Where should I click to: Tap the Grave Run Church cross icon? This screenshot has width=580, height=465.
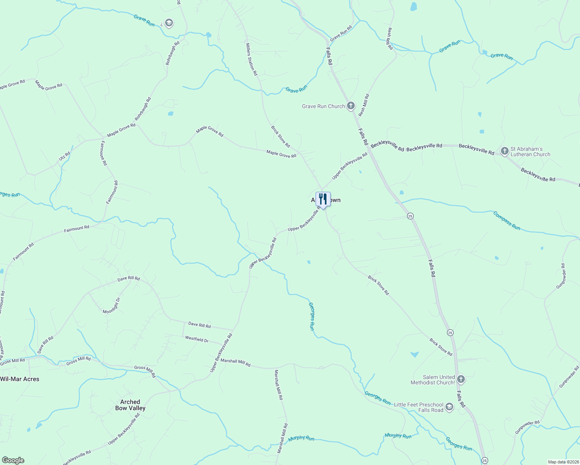coord(350,106)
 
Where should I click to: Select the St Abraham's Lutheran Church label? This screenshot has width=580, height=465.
coord(530,152)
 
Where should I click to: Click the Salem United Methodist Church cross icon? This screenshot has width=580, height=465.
coord(461,379)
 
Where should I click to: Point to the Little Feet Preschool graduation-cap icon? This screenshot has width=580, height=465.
coord(449,407)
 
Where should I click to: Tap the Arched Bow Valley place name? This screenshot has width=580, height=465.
coord(130,405)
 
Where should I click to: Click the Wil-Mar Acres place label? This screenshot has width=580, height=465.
coord(20,379)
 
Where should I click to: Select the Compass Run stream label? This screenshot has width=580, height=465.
coord(506,220)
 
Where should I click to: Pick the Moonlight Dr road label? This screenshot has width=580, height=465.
coord(112,306)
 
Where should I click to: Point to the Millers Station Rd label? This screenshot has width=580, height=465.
coord(251,59)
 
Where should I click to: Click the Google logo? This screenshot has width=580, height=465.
coord(13,460)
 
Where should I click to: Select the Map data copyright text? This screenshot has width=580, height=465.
coord(563,462)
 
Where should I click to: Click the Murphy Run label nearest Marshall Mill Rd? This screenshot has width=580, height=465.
coord(301,438)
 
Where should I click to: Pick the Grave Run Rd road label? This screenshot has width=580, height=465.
coord(341,33)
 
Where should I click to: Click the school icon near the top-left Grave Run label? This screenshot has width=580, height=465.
coord(169,23)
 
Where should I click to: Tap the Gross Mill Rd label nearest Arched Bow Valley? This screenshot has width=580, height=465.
coord(145,371)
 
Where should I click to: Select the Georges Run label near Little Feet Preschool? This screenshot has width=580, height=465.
coord(377,398)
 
